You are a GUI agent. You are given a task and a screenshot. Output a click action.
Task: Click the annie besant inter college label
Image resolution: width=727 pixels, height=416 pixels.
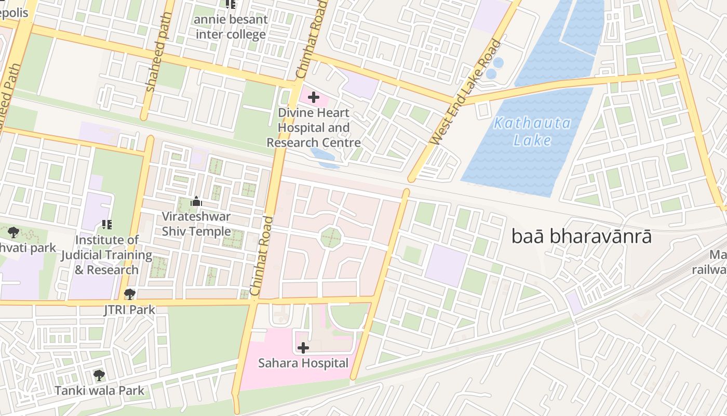(231, 27)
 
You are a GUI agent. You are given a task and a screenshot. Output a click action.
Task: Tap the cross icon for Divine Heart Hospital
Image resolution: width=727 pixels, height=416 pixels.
(314, 97)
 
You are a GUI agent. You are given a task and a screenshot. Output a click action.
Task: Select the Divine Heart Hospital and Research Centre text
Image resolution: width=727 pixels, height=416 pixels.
(314, 127)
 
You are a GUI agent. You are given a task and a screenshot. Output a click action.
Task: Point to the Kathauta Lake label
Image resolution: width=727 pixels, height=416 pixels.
(532, 132)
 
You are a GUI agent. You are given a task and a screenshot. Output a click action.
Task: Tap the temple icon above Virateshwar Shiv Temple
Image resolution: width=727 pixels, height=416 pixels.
(196, 201)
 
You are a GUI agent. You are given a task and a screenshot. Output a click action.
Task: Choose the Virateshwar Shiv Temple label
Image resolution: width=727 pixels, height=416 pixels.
(196, 224)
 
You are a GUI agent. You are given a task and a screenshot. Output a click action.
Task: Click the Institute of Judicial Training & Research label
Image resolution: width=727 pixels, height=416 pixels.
(106, 255)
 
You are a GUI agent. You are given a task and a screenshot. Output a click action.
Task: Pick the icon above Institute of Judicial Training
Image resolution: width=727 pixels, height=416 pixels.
(106, 225)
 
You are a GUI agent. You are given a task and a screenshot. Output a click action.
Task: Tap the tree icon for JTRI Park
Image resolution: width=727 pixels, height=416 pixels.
(130, 294)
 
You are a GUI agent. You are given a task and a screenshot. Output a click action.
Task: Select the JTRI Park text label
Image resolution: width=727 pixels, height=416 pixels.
(129, 310)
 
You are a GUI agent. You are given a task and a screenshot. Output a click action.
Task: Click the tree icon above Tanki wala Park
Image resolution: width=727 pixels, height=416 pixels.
(99, 374)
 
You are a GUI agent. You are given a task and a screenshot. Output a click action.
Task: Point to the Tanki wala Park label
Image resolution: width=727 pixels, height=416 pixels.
(99, 390)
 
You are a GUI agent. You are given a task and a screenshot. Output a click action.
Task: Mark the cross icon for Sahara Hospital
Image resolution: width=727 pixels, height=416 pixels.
(303, 348)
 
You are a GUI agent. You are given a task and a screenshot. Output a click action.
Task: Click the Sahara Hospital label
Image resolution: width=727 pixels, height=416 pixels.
(303, 363)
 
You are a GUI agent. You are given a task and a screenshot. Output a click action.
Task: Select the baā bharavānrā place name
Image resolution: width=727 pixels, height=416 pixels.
(581, 237)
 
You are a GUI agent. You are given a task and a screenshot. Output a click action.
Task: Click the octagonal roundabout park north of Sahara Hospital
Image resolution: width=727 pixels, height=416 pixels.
(331, 238)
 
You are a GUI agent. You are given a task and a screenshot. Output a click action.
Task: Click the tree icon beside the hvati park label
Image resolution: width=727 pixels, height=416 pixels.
(14, 232)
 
